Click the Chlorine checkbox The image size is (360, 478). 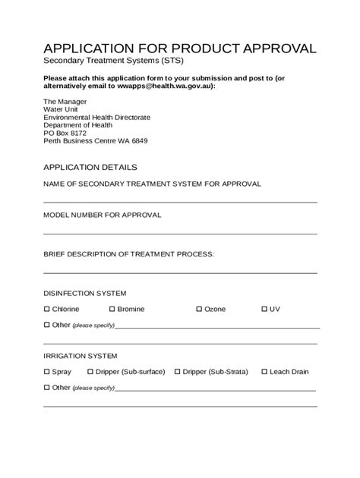pyautogui.click(x=46, y=309)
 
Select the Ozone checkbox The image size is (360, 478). pyautogui.click(x=199, y=309)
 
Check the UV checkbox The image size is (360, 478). pyautogui.click(x=264, y=309)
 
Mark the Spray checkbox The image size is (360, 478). pyautogui.click(x=46, y=372)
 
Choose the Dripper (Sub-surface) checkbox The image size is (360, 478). pyautogui.click(x=90, y=372)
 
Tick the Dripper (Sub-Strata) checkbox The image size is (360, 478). pyautogui.click(x=178, y=372)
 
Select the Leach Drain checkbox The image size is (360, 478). pyautogui.click(x=264, y=372)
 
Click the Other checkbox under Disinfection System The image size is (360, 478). pyautogui.click(x=46, y=325)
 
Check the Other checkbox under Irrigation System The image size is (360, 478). pyautogui.click(x=46, y=388)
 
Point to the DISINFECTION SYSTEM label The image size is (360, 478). pyautogui.click(x=84, y=293)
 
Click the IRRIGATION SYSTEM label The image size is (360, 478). pyautogui.click(x=80, y=356)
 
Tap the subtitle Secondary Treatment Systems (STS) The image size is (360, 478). pyautogui.click(x=113, y=61)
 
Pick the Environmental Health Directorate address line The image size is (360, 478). pyautogui.click(x=96, y=117)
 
